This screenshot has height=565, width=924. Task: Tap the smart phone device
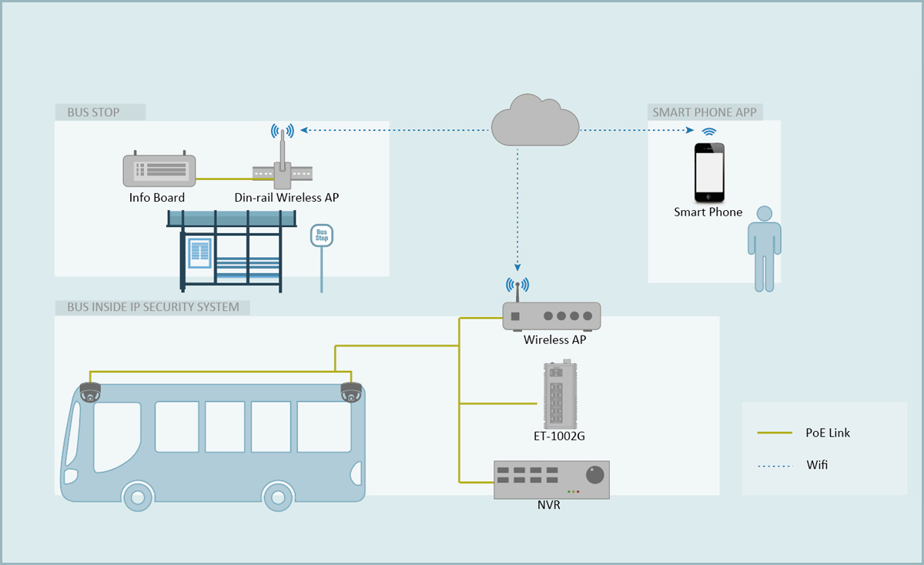coord(709,172)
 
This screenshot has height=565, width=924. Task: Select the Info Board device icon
coord(159,170)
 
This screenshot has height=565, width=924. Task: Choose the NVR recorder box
coord(551,480)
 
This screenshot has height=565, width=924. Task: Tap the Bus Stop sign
coord(322,236)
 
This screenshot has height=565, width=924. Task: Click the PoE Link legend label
coord(828,433)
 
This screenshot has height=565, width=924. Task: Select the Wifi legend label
coord(818,465)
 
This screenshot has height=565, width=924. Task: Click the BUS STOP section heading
coord(94,112)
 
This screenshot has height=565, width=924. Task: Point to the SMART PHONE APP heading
coord(705,112)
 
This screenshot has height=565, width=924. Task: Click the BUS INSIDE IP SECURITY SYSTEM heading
coord(153,307)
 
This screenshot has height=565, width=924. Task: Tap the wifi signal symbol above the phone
coord(708,132)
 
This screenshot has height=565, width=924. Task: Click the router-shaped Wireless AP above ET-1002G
coord(551,315)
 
